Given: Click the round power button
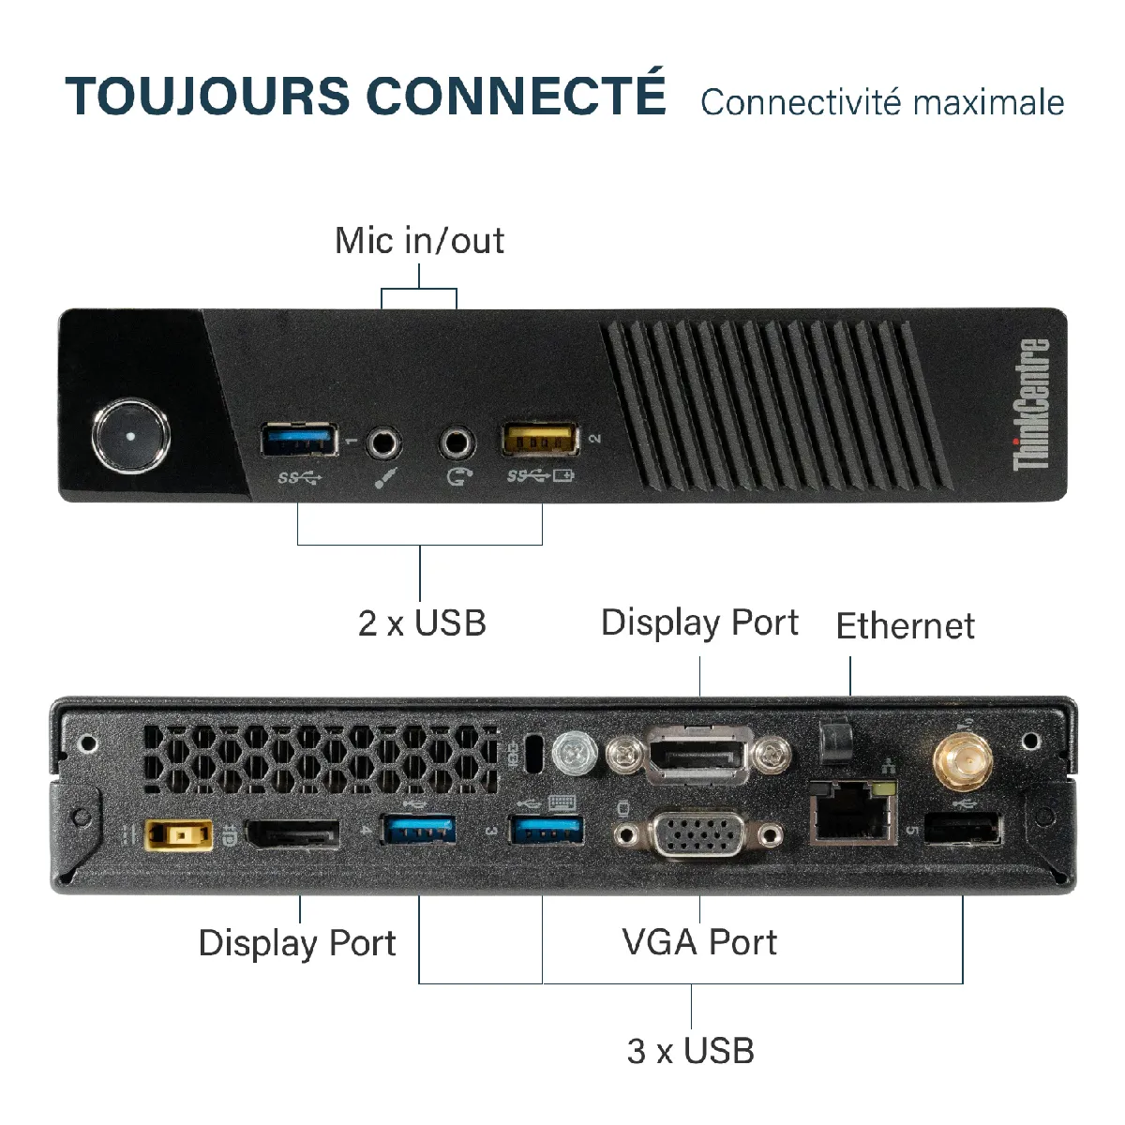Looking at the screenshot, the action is coord(130,436).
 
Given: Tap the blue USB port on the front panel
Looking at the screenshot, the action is coord(299,439).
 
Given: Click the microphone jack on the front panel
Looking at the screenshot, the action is coord(383,443).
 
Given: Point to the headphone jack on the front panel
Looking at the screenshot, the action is coord(457,443).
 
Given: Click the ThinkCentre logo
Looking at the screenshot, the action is coord(1030,404).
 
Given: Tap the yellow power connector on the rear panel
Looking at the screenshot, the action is coord(178,835).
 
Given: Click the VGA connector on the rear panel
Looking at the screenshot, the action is coord(698,834).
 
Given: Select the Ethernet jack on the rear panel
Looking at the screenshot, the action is coord(853,813).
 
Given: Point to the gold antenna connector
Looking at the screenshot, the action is coord(963,761).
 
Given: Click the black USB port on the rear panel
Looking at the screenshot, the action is coord(964,829).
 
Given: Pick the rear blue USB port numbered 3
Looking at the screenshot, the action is coord(547,831).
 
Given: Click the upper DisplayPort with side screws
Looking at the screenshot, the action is coord(698,756).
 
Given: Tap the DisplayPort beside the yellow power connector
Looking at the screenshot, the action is coord(292,833).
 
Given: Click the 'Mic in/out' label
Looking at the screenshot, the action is coord(419,241).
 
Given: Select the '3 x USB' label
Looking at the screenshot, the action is coord(691,1051).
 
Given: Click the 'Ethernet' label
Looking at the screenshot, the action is coord(906,626).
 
